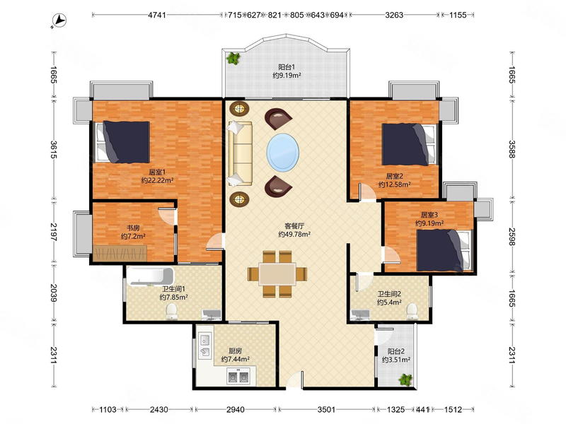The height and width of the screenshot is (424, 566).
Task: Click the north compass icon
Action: coord(59,20)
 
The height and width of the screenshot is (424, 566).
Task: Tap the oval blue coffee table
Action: coord(282,153)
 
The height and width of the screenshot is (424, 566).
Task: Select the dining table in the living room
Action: coord(277,274)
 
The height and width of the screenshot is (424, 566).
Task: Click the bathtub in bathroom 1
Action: coord(150,276)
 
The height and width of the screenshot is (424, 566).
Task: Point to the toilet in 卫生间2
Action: coord(412,312)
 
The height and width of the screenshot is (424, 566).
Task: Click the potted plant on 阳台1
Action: coord(233,58)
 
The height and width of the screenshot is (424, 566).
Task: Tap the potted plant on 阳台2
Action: coord(405,379)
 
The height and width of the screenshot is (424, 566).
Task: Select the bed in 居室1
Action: coord(122,142)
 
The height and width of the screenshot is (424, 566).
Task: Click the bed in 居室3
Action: coord(444,250)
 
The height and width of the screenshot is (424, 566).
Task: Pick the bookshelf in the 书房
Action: coord(120,253)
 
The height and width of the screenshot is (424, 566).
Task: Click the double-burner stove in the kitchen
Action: coord(238,377)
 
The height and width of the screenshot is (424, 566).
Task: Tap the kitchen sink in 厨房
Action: coord(204,345)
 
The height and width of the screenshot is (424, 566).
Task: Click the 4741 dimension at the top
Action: coord(157,15)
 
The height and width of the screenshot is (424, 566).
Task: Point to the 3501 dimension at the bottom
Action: coord(326,410)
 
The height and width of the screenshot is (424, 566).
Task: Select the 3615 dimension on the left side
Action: coord(54,149)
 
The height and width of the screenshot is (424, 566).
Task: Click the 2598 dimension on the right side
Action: coord(512,237)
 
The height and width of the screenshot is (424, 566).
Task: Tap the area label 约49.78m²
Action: coord(294,235)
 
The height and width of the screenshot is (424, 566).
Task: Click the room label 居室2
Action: coord(394,176)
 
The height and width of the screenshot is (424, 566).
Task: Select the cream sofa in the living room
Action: coord(240,154)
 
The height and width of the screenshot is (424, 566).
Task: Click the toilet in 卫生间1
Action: coord(171,311)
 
